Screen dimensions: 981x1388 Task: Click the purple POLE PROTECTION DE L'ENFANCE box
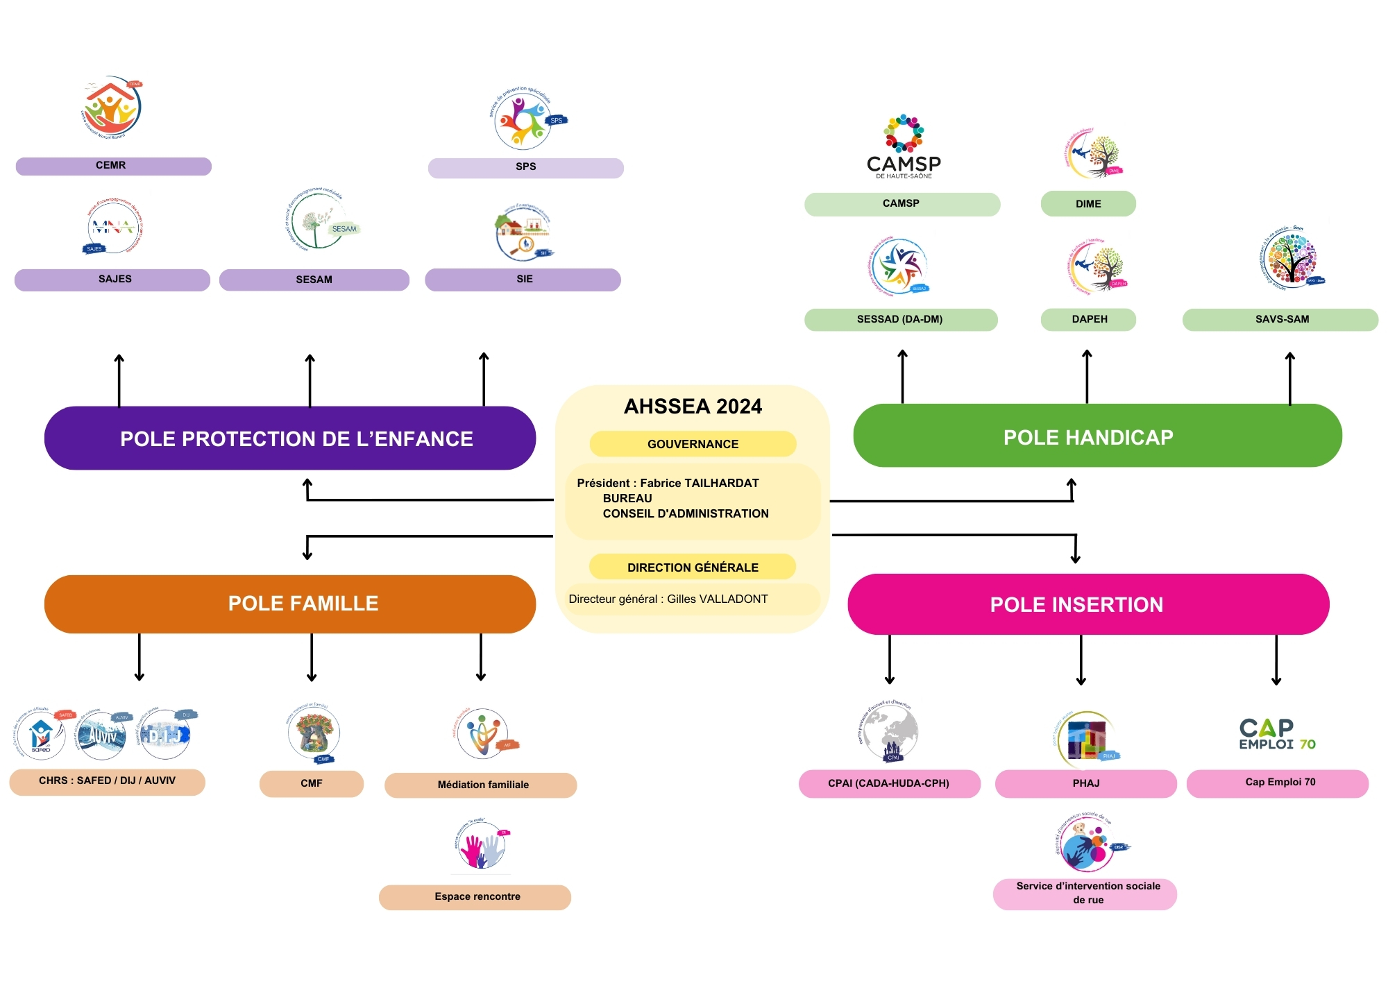pyautogui.click(x=290, y=438)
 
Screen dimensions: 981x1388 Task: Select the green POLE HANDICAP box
pyautogui.click(x=1097, y=436)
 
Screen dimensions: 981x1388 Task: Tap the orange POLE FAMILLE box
pyautogui.click(x=290, y=604)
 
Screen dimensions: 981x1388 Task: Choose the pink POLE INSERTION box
pyautogui.click(x=1088, y=604)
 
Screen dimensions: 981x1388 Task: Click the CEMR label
pyautogui.click(x=113, y=166)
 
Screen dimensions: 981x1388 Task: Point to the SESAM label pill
pyautogui.click(x=314, y=280)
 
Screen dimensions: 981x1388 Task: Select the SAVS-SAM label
pyautogui.click(x=1280, y=319)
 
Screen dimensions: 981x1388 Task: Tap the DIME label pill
pyautogui.click(x=1087, y=204)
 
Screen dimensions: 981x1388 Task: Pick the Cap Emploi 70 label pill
pyautogui.click(x=1278, y=783)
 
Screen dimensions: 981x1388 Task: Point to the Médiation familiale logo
pyautogui.click(x=484, y=734)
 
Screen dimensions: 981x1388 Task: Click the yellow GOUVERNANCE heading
pyautogui.click(x=693, y=444)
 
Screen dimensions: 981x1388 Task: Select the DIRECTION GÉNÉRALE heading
pyautogui.click(x=693, y=567)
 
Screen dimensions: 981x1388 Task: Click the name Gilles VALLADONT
pyautogui.click(x=717, y=599)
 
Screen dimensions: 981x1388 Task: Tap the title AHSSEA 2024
pyautogui.click(x=693, y=407)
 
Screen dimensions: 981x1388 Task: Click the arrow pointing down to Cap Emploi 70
pyautogui.click(x=1276, y=660)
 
